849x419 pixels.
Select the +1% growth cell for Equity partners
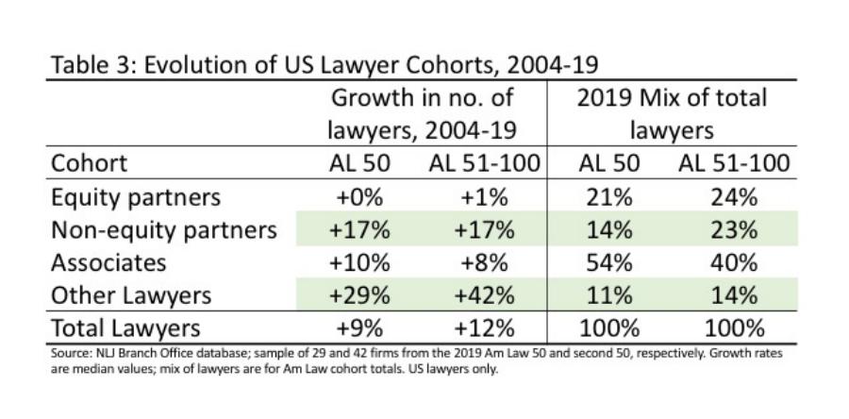pos(481,197)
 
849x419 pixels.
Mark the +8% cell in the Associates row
pos(481,262)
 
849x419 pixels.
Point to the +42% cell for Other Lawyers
pos(481,295)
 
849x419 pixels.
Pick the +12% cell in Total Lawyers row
pos(481,328)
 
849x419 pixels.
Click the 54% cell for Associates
pos(608,262)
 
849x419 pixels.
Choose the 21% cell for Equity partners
pos(608,197)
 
